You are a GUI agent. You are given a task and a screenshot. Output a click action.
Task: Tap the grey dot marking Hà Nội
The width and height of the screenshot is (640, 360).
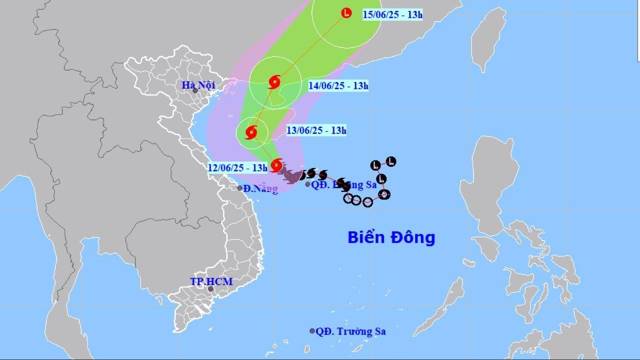click(x=195, y=90)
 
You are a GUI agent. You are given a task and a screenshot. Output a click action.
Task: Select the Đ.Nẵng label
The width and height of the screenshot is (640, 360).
click(x=261, y=189)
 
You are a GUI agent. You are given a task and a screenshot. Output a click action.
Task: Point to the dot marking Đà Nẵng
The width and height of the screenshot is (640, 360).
click(x=240, y=188)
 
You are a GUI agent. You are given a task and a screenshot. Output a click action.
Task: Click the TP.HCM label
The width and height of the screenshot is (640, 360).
click(x=211, y=282)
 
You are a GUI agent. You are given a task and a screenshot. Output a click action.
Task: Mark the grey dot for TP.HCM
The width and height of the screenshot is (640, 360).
click(x=209, y=289)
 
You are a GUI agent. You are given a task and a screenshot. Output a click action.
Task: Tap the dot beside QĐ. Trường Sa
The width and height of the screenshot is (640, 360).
click(x=312, y=331)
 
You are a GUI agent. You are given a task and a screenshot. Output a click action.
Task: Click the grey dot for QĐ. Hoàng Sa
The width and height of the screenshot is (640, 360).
click(x=308, y=184)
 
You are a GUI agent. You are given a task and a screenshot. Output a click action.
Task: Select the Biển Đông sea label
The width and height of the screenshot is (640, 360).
click(x=391, y=237)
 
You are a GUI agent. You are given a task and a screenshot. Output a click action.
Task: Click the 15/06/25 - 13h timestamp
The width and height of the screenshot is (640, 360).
click(x=392, y=14)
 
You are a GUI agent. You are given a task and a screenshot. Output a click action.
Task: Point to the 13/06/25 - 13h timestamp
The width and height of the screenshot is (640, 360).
click(x=317, y=131)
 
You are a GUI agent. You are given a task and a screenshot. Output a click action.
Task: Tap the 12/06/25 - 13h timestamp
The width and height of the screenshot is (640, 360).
click(x=238, y=167)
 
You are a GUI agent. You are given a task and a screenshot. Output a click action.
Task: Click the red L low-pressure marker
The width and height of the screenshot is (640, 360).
click(x=347, y=12)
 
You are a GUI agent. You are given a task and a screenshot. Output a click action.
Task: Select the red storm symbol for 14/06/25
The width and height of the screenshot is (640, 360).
click(x=274, y=81)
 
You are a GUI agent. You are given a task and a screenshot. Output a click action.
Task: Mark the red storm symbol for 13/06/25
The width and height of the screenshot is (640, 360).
click(x=251, y=133)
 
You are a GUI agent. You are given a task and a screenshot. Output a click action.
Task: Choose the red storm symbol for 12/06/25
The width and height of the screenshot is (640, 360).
click(x=277, y=165)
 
